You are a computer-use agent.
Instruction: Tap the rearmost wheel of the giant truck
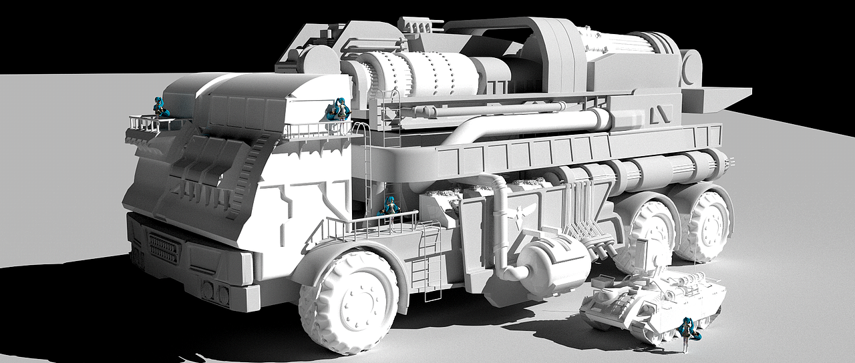click(706, 226)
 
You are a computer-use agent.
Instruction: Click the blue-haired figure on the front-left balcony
click(160, 107)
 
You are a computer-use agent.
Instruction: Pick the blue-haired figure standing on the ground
click(686, 334)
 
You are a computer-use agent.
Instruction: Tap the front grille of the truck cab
click(164, 248)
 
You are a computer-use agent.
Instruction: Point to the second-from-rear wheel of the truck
click(651, 234)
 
